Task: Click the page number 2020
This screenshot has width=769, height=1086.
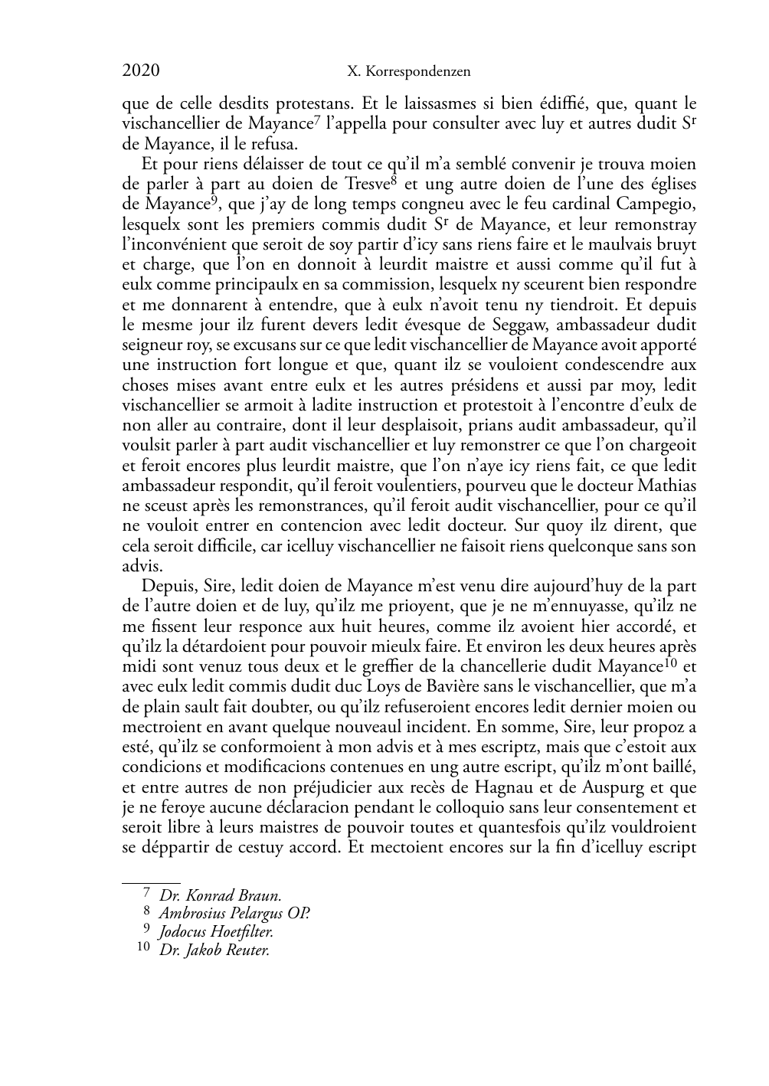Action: pyautogui.click(x=141, y=71)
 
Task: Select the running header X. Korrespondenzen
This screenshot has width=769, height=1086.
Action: pyautogui.click(x=408, y=72)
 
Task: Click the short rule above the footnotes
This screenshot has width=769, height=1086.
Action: pyautogui.click(x=151, y=882)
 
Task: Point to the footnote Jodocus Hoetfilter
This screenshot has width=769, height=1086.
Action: pyautogui.click(x=216, y=932)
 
